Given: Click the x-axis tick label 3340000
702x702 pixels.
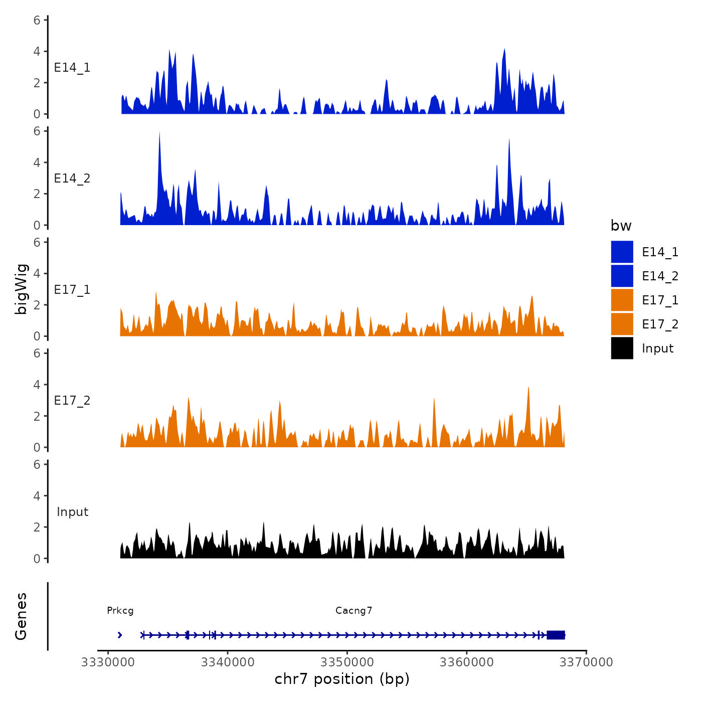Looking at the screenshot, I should [x=227, y=662].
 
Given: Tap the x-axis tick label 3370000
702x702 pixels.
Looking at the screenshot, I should [x=586, y=662].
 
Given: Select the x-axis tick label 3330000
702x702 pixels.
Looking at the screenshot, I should [x=108, y=662].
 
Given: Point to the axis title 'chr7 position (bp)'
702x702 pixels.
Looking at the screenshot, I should [x=342, y=679].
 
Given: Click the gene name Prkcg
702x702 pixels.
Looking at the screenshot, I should [x=120, y=611].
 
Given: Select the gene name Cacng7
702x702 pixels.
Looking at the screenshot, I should [x=354, y=611].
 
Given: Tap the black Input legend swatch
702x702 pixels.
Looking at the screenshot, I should [x=622, y=348].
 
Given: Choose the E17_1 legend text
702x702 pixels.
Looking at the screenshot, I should [x=660, y=300].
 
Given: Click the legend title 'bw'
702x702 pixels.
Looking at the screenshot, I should [x=621, y=226].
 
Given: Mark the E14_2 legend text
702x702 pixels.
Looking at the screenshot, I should [x=660, y=276].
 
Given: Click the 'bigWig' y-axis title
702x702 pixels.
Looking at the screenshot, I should [x=21, y=289].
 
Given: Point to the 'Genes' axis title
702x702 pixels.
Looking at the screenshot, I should [x=21, y=616].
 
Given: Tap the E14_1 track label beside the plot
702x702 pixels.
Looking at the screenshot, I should [x=72, y=68].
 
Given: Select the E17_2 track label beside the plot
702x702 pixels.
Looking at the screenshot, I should [x=72, y=401].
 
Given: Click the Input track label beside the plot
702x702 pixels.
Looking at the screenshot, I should [x=72, y=512].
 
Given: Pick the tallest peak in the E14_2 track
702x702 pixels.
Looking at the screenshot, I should [x=159, y=133].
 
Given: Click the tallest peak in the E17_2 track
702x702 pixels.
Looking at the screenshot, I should [x=529, y=388].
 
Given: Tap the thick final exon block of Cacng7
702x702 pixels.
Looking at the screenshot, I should [x=556, y=635].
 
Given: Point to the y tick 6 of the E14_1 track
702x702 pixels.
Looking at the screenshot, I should [x=37, y=20].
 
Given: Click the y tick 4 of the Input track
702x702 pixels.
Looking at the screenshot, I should [x=37, y=496].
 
